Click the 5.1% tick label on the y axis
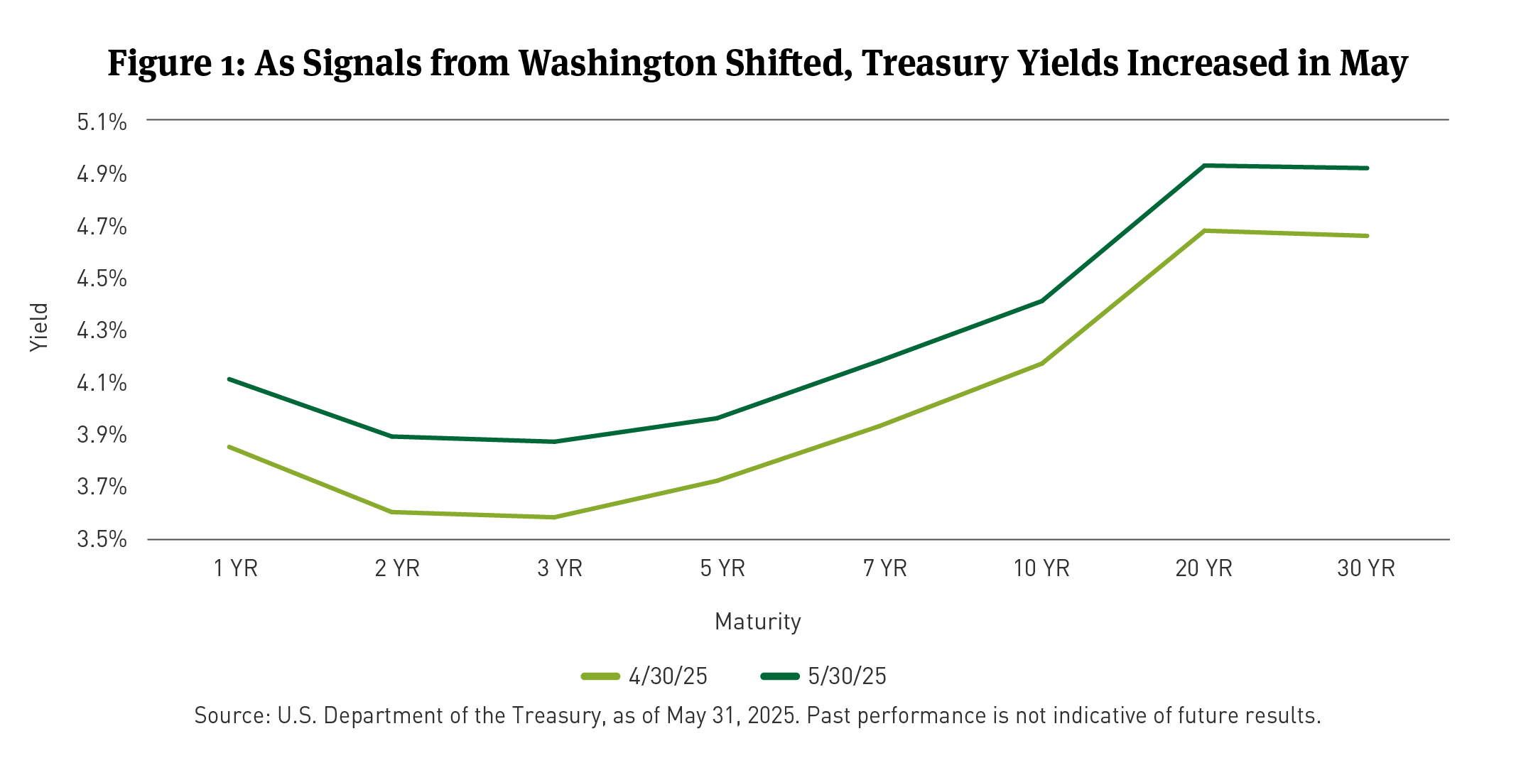pyautogui.click(x=102, y=122)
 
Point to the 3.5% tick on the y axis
pyautogui.click(x=102, y=539)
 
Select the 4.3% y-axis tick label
pyautogui.click(x=102, y=330)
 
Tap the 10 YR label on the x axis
pyautogui.click(x=1041, y=568)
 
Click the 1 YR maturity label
pyautogui.click(x=236, y=568)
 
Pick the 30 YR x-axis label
pyautogui.click(x=1366, y=568)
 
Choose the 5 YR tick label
pyautogui.click(x=722, y=568)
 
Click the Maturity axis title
pyautogui.click(x=758, y=622)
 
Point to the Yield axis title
pyautogui.click(x=40, y=327)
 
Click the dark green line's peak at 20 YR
pyautogui.click(x=1204, y=166)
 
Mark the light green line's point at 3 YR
pyautogui.click(x=554, y=517)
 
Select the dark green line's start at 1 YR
pyautogui.click(x=229, y=379)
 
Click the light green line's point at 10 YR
pyautogui.click(x=1041, y=364)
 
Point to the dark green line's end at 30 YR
pyautogui.click(x=1367, y=168)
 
